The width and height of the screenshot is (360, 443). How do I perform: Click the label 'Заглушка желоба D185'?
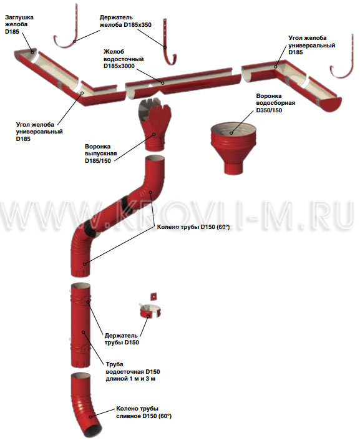(x=19, y=24)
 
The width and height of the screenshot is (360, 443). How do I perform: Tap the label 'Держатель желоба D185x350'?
(x=125, y=21)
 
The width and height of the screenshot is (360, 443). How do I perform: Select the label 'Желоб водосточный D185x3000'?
(x=124, y=59)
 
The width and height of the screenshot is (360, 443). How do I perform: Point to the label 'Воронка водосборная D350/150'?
(x=276, y=103)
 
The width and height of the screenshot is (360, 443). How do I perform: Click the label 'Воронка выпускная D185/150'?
(x=100, y=153)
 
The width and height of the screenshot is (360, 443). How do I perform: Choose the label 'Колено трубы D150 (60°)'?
(x=193, y=227)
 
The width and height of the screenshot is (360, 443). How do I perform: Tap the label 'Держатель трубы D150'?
(x=122, y=339)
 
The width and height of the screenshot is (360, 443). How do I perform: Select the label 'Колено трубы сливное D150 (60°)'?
(x=144, y=412)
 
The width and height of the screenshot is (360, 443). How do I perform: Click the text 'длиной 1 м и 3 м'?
(x=130, y=379)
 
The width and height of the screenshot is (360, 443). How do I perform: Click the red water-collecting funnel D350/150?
(x=233, y=148)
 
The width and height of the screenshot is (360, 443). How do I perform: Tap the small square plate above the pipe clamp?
(x=154, y=296)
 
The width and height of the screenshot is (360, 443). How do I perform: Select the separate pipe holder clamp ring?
(x=150, y=311)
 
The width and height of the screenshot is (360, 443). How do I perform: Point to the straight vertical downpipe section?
(x=81, y=326)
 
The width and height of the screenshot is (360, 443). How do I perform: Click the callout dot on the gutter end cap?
(x=32, y=52)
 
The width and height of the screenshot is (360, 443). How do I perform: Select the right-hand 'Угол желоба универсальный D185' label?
(x=312, y=45)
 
